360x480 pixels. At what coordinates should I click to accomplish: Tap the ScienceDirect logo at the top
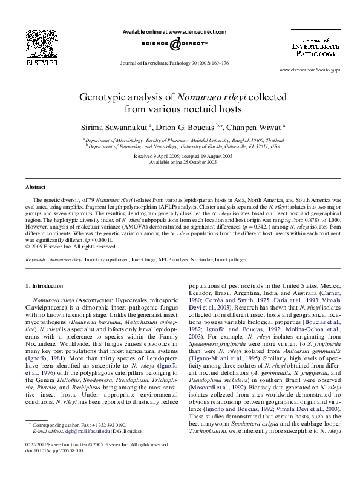click(x=174, y=44)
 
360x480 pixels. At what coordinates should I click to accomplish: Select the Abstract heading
click(x=35, y=187)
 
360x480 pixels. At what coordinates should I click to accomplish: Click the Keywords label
click(x=36, y=259)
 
